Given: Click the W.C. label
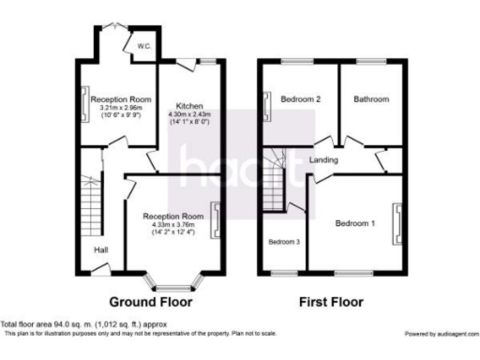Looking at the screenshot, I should [143, 46].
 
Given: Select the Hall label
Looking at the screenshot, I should [100, 250].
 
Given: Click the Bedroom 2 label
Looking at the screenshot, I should [299, 98].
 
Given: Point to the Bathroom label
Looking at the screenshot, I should [371, 98].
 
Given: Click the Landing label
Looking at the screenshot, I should [323, 160].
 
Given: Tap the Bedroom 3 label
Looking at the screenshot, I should [285, 241].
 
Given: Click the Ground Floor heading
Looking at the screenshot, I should [151, 303].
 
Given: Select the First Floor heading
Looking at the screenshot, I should [331, 303].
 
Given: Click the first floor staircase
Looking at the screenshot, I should [273, 178].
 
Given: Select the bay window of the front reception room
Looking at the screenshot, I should [172, 281].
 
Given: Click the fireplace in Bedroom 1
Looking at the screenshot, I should [401, 223].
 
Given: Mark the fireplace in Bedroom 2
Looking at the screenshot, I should [266, 103].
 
